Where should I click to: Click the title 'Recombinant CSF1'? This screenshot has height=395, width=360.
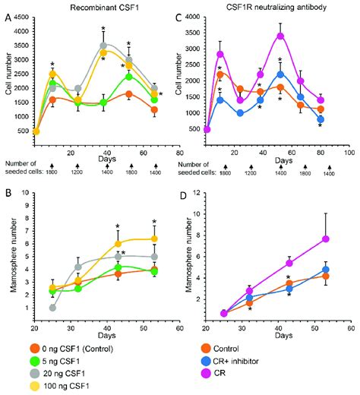[x=91, y=6]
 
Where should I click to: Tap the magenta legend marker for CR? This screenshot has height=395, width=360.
[x=223, y=374]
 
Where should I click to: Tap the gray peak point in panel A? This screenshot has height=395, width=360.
[x=103, y=46]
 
